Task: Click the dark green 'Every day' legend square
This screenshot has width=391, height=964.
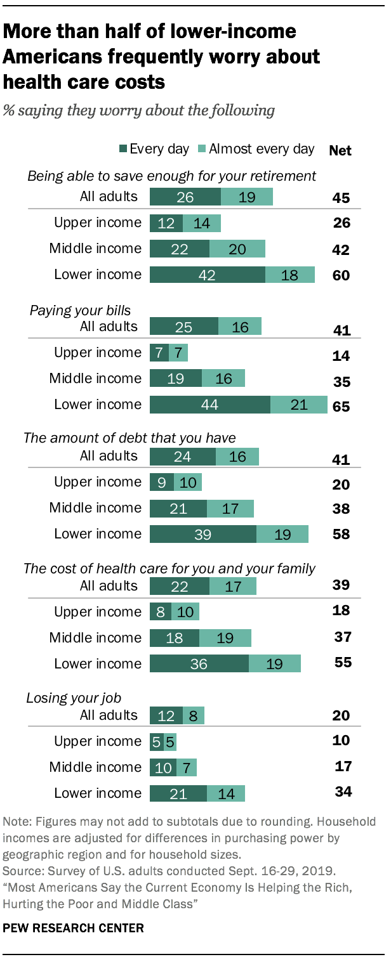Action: click(x=123, y=150)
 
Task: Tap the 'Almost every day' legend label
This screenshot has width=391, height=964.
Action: click(x=262, y=149)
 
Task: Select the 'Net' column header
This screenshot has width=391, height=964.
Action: click(x=340, y=150)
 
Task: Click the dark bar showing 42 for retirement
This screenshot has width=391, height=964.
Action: click(x=207, y=275)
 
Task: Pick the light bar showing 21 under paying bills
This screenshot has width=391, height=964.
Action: click(x=298, y=405)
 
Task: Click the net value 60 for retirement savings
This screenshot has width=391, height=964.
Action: click(x=341, y=276)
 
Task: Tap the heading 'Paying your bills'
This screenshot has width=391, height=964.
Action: click(x=80, y=310)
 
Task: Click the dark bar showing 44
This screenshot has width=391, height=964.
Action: click(x=210, y=405)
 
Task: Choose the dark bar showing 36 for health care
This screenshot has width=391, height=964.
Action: click(x=199, y=664)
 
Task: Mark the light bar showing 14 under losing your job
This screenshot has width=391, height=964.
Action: click(x=225, y=793)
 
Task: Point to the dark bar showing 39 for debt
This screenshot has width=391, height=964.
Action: click(x=203, y=534)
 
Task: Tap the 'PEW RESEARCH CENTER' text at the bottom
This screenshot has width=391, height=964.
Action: click(x=74, y=928)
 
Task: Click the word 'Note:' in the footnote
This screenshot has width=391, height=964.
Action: click(x=18, y=822)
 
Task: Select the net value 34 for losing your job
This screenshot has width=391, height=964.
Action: click(x=343, y=791)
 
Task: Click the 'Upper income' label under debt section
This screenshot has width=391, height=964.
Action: click(x=98, y=482)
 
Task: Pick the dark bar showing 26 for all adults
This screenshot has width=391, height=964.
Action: click(x=185, y=197)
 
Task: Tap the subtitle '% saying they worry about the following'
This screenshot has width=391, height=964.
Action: click(x=139, y=110)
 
